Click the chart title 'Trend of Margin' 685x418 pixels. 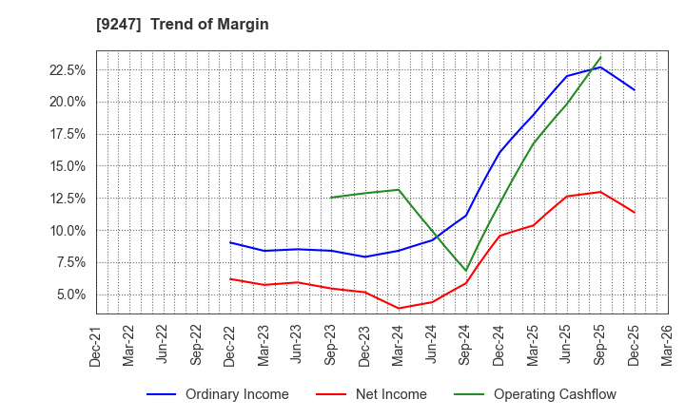pos(209,25)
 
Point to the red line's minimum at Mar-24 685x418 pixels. pos(399,308)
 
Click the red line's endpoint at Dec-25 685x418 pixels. pos(634,212)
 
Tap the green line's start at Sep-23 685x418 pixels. pos(331,198)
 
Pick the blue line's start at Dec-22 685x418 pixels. pos(230,242)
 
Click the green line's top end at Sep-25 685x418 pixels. pos(600,57)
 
